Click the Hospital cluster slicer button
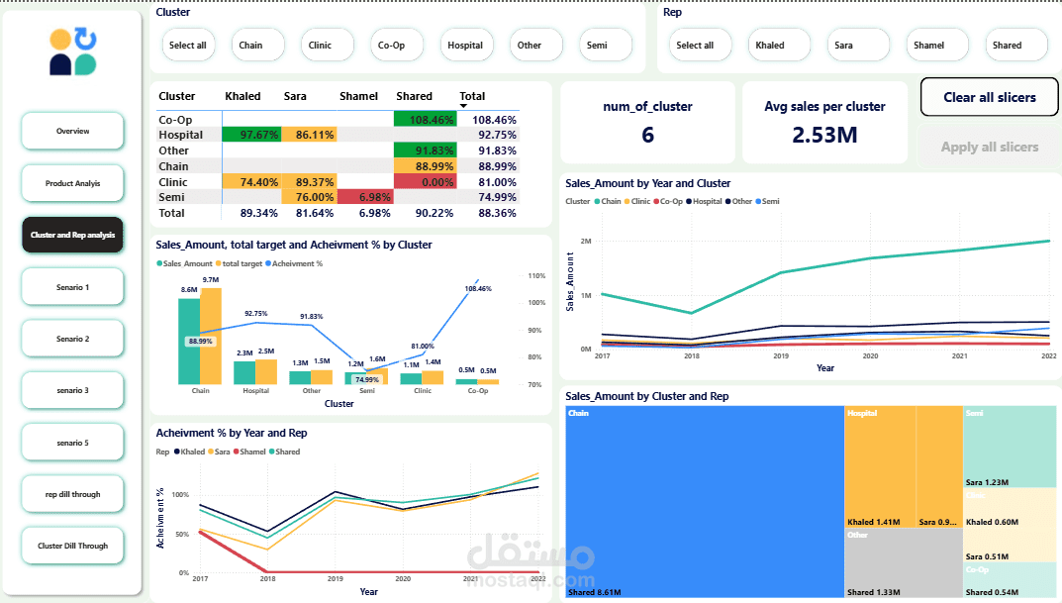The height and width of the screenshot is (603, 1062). coord(465,45)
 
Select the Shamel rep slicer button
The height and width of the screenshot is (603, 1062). coord(928,45)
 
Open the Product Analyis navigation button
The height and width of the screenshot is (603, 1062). coord(72,183)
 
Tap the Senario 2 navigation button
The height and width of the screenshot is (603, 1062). coord(72,339)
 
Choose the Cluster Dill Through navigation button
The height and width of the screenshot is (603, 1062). coord(72,546)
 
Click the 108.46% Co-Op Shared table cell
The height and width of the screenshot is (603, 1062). coord(425,120)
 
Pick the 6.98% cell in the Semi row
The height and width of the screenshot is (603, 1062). coord(363,198)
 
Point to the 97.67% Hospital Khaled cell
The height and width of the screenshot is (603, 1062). coord(251,135)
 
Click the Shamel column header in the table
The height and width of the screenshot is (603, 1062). coord(358,96)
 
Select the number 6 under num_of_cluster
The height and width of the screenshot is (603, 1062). coord(647,135)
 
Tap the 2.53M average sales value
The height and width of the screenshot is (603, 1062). coord(824,135)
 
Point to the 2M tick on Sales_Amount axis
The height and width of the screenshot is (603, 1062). coord(586,242)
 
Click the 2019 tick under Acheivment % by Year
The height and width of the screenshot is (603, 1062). coord(336,579)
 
